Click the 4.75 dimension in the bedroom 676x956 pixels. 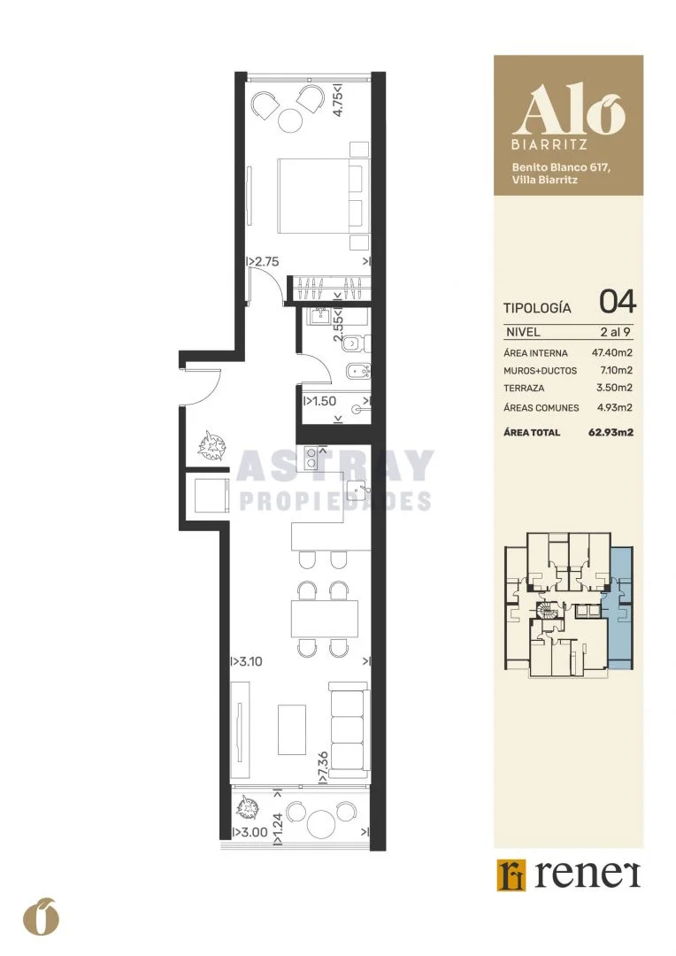click(338, 99)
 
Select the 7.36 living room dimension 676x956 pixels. click(323, 767)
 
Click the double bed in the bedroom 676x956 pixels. click(323, 196)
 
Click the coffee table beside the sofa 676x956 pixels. click(292, 729)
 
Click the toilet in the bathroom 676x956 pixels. click(355, 345)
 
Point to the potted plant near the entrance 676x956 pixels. click(213, 444)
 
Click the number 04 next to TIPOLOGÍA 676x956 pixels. click(618, 302)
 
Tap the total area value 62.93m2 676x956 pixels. click(611, 432)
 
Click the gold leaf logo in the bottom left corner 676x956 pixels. click(41, 916)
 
